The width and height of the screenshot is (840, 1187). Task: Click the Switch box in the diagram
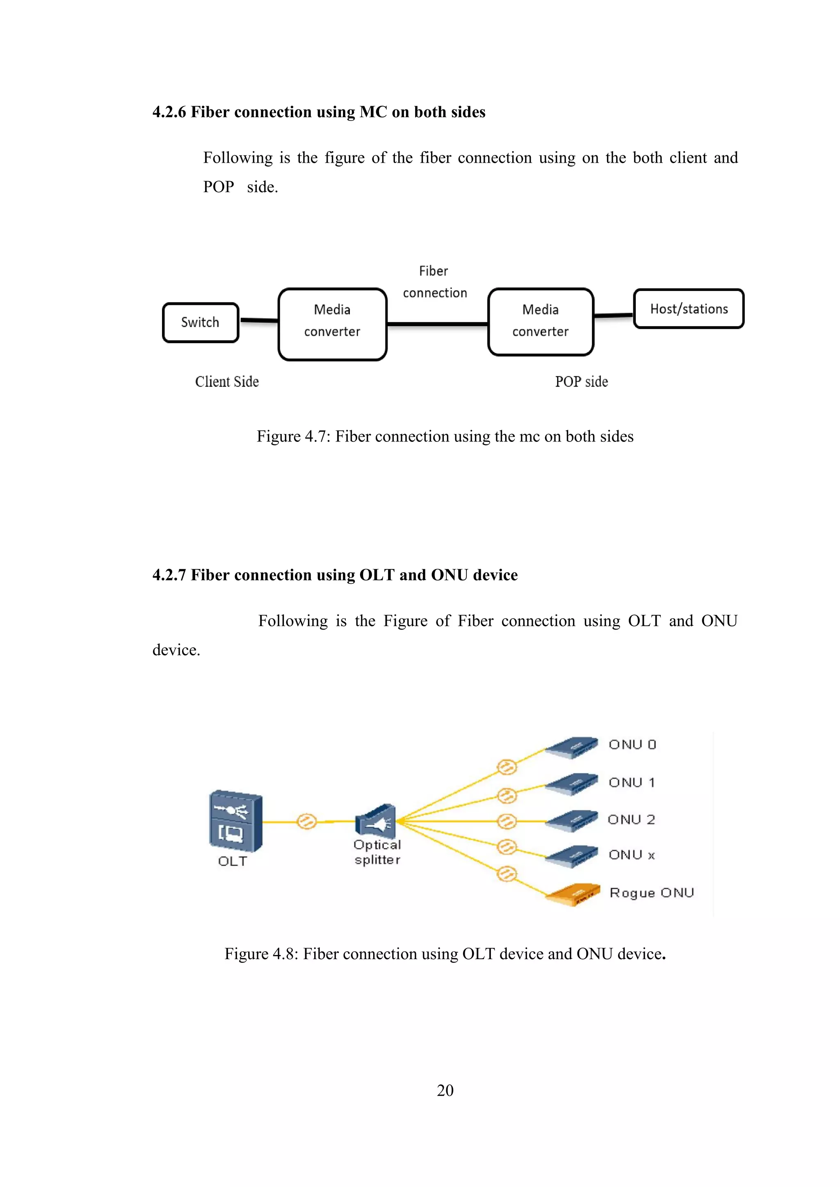coord(201,323)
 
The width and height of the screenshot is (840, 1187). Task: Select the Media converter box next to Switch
coord(332,324)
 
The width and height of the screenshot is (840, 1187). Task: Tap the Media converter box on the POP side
coord(541,322)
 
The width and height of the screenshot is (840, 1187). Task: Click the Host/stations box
coord(689,309)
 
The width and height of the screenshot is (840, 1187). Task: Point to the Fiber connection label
coord(434,282)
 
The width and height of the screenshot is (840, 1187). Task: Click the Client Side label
coord(226,382)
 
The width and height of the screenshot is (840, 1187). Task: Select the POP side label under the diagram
coord(581,382)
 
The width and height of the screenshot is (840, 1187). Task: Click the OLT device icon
coord(235,821)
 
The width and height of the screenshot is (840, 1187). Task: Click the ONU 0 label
coord(632,744)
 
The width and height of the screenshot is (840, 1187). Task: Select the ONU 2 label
coord(631,819)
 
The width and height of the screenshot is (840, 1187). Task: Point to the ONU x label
coord(632,855)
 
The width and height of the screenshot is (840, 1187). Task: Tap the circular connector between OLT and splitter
coord(307,821)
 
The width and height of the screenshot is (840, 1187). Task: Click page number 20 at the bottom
coord(445,1090)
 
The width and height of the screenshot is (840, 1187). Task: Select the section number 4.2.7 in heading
coord(169,575)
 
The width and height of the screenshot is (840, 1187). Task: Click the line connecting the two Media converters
coord(437,324)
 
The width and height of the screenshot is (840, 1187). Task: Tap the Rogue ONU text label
coord(652,893)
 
